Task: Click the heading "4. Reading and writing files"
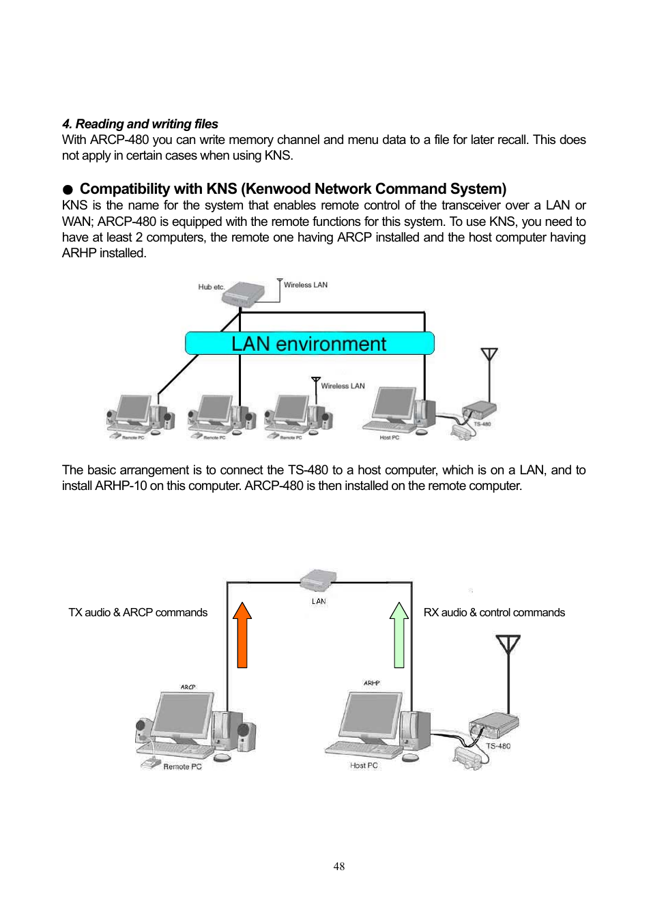140,124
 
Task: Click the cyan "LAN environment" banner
309,343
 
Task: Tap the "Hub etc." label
211,287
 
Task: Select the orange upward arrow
242,635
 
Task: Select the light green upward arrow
399,635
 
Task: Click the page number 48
338,866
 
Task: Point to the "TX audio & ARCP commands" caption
138,613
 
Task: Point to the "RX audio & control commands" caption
494,613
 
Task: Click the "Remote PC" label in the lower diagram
182,766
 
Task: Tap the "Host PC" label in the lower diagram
364,766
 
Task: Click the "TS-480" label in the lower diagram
498,746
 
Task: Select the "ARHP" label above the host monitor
371,683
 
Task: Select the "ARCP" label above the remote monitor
188,687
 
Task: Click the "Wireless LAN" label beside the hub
306,285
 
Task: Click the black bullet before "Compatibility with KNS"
68,190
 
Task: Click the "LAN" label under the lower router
319,601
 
